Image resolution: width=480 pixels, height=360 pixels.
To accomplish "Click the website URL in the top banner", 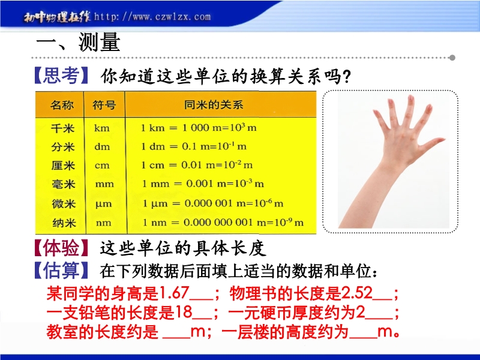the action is point(152,17).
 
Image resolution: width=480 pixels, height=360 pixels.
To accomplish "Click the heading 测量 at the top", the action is point(99,42).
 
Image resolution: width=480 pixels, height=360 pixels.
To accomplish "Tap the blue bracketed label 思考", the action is point(61,76).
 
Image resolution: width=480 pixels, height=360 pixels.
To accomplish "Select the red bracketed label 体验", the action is point(61,248).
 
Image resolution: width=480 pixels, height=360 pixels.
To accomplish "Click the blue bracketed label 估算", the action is point(61,270).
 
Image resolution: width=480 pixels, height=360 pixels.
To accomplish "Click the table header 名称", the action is point(62,105).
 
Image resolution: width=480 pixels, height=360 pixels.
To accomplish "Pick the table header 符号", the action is point(104,105).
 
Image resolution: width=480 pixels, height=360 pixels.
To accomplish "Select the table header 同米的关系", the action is point(214,104).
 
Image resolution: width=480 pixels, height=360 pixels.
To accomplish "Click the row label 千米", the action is point(63,128).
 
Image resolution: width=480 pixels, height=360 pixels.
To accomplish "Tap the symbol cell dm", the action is point(102,146).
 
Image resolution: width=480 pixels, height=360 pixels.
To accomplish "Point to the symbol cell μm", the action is point(103,204).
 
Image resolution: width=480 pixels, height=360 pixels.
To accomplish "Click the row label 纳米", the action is point(64,223).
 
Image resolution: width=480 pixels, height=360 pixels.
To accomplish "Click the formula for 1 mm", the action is point(203,184).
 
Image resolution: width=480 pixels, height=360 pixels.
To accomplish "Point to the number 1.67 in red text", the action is point(173,293).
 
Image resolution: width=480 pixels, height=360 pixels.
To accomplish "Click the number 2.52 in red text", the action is point(356,293).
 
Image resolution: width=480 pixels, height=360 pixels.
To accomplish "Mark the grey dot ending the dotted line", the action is point(452,58).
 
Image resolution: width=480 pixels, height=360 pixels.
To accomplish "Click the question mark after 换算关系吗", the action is point(347,77).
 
